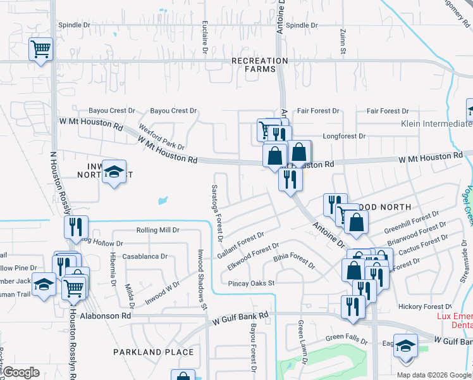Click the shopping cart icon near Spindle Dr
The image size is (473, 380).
coord(40,49)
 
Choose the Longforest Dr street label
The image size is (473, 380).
coord(344,136)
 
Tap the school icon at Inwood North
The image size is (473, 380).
coord(114,172)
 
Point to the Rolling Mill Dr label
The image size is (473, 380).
coord(158,231)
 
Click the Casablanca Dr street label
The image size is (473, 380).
coord(145,256)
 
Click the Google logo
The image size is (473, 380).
coord(21,372)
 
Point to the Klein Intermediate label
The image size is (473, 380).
coord(436,123)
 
